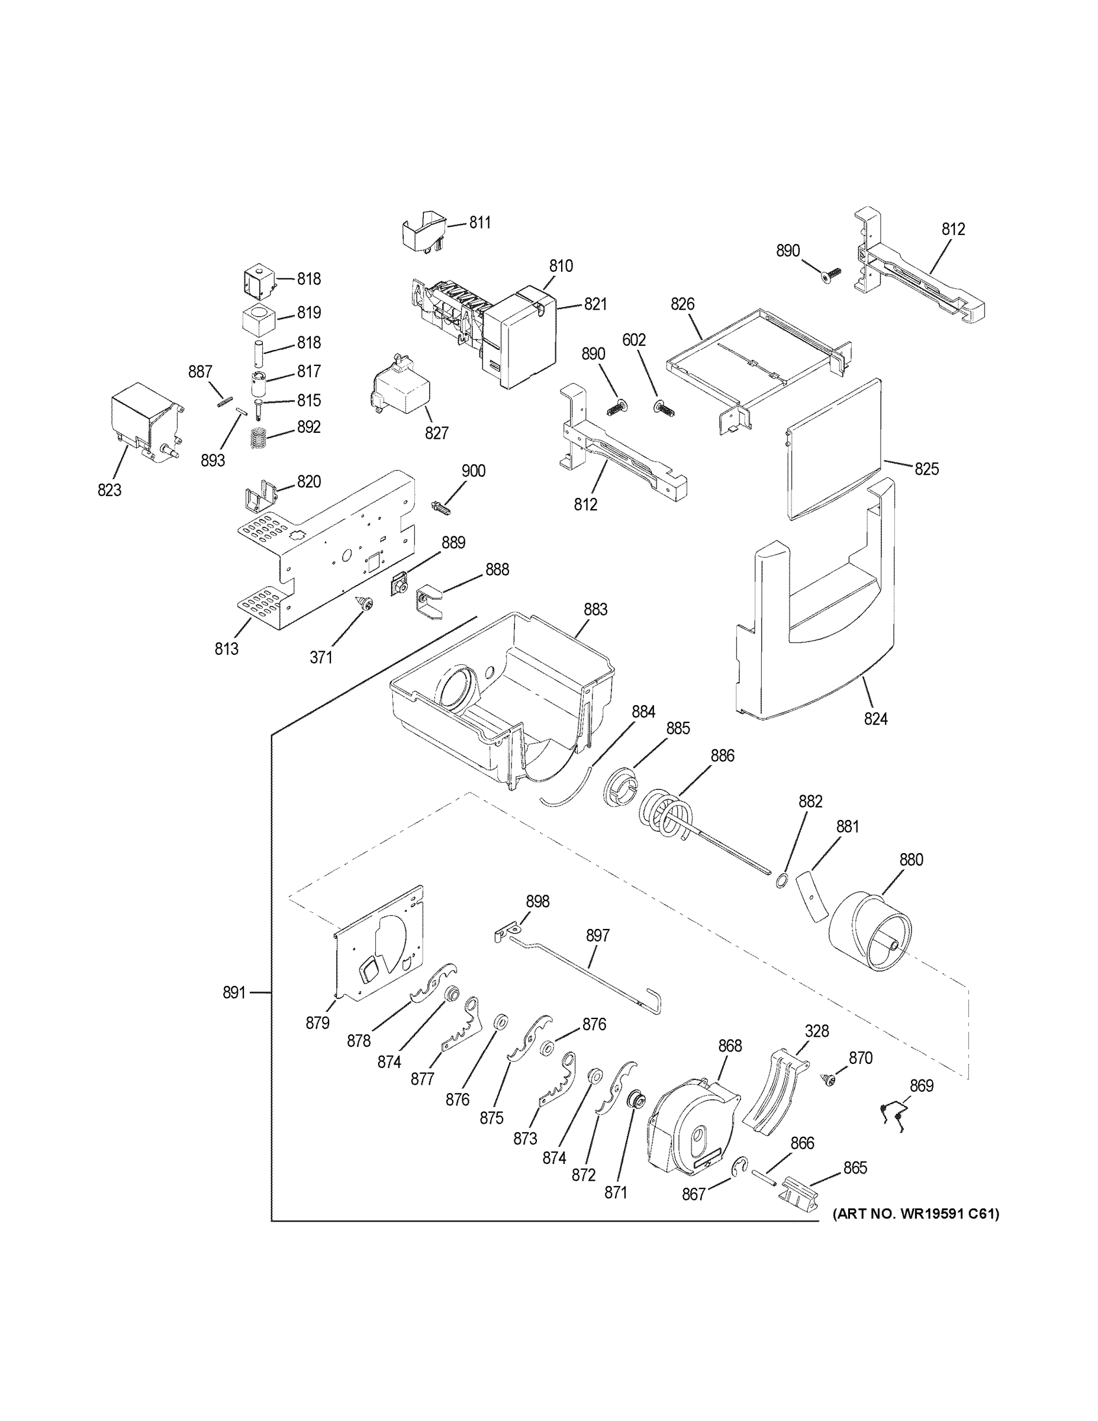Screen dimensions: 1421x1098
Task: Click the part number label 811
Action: click(480, 223)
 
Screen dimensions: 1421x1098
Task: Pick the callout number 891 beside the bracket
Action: click(234, 992)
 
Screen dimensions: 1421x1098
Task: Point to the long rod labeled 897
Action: click(585, 976)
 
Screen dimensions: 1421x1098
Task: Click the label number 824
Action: click(875, 719)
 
